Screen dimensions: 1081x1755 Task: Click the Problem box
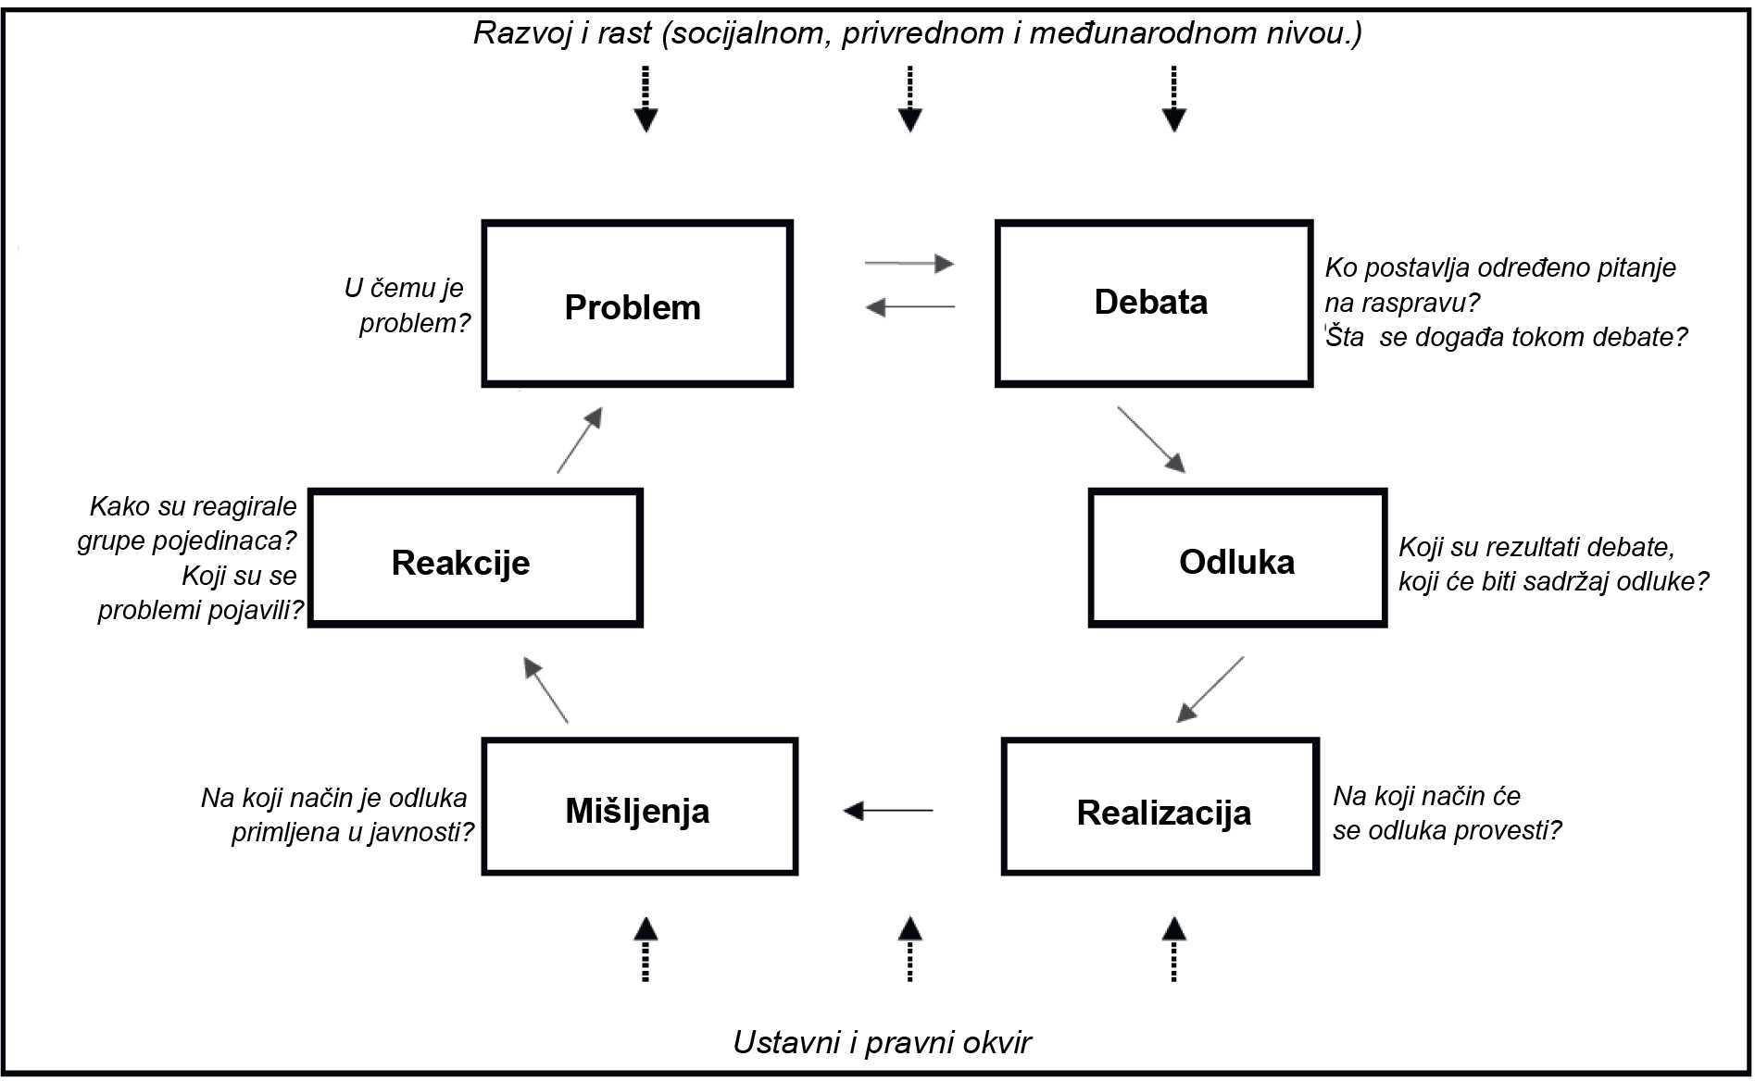click(x=637, y=304)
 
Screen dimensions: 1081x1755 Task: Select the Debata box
click(x=1154, y=304)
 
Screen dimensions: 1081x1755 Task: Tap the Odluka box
click(x=1237, y=559)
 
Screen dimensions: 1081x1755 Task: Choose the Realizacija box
click(x=1160, y=807)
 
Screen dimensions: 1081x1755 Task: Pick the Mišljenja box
click(x=639, y=807)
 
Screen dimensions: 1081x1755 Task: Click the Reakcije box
click(x=475, y=559)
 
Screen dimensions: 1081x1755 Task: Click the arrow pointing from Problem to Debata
click(x=909, y=264)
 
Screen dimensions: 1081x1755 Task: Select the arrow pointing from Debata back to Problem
click(x=909, y=306)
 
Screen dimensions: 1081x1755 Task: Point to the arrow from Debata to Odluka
click(x=1151, y=440)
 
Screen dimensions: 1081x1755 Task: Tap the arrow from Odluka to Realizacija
click(x=1210, y=690)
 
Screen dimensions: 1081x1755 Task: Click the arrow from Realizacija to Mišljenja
click(x=887, y=811)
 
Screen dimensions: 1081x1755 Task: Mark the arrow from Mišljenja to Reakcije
click(x=545, y=690)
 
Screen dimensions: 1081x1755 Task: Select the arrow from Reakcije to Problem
click(x=580, y=440)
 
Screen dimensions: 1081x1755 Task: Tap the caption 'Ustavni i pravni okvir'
click(x=882, y=1043)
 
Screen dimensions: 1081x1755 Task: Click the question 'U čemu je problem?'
click(x=407, y=305)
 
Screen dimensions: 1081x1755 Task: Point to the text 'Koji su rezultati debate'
click(x=1536, y=547)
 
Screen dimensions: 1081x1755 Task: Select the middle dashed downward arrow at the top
click(x=910, y=98)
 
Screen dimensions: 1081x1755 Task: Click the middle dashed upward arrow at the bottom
click(x=910, y=949)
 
